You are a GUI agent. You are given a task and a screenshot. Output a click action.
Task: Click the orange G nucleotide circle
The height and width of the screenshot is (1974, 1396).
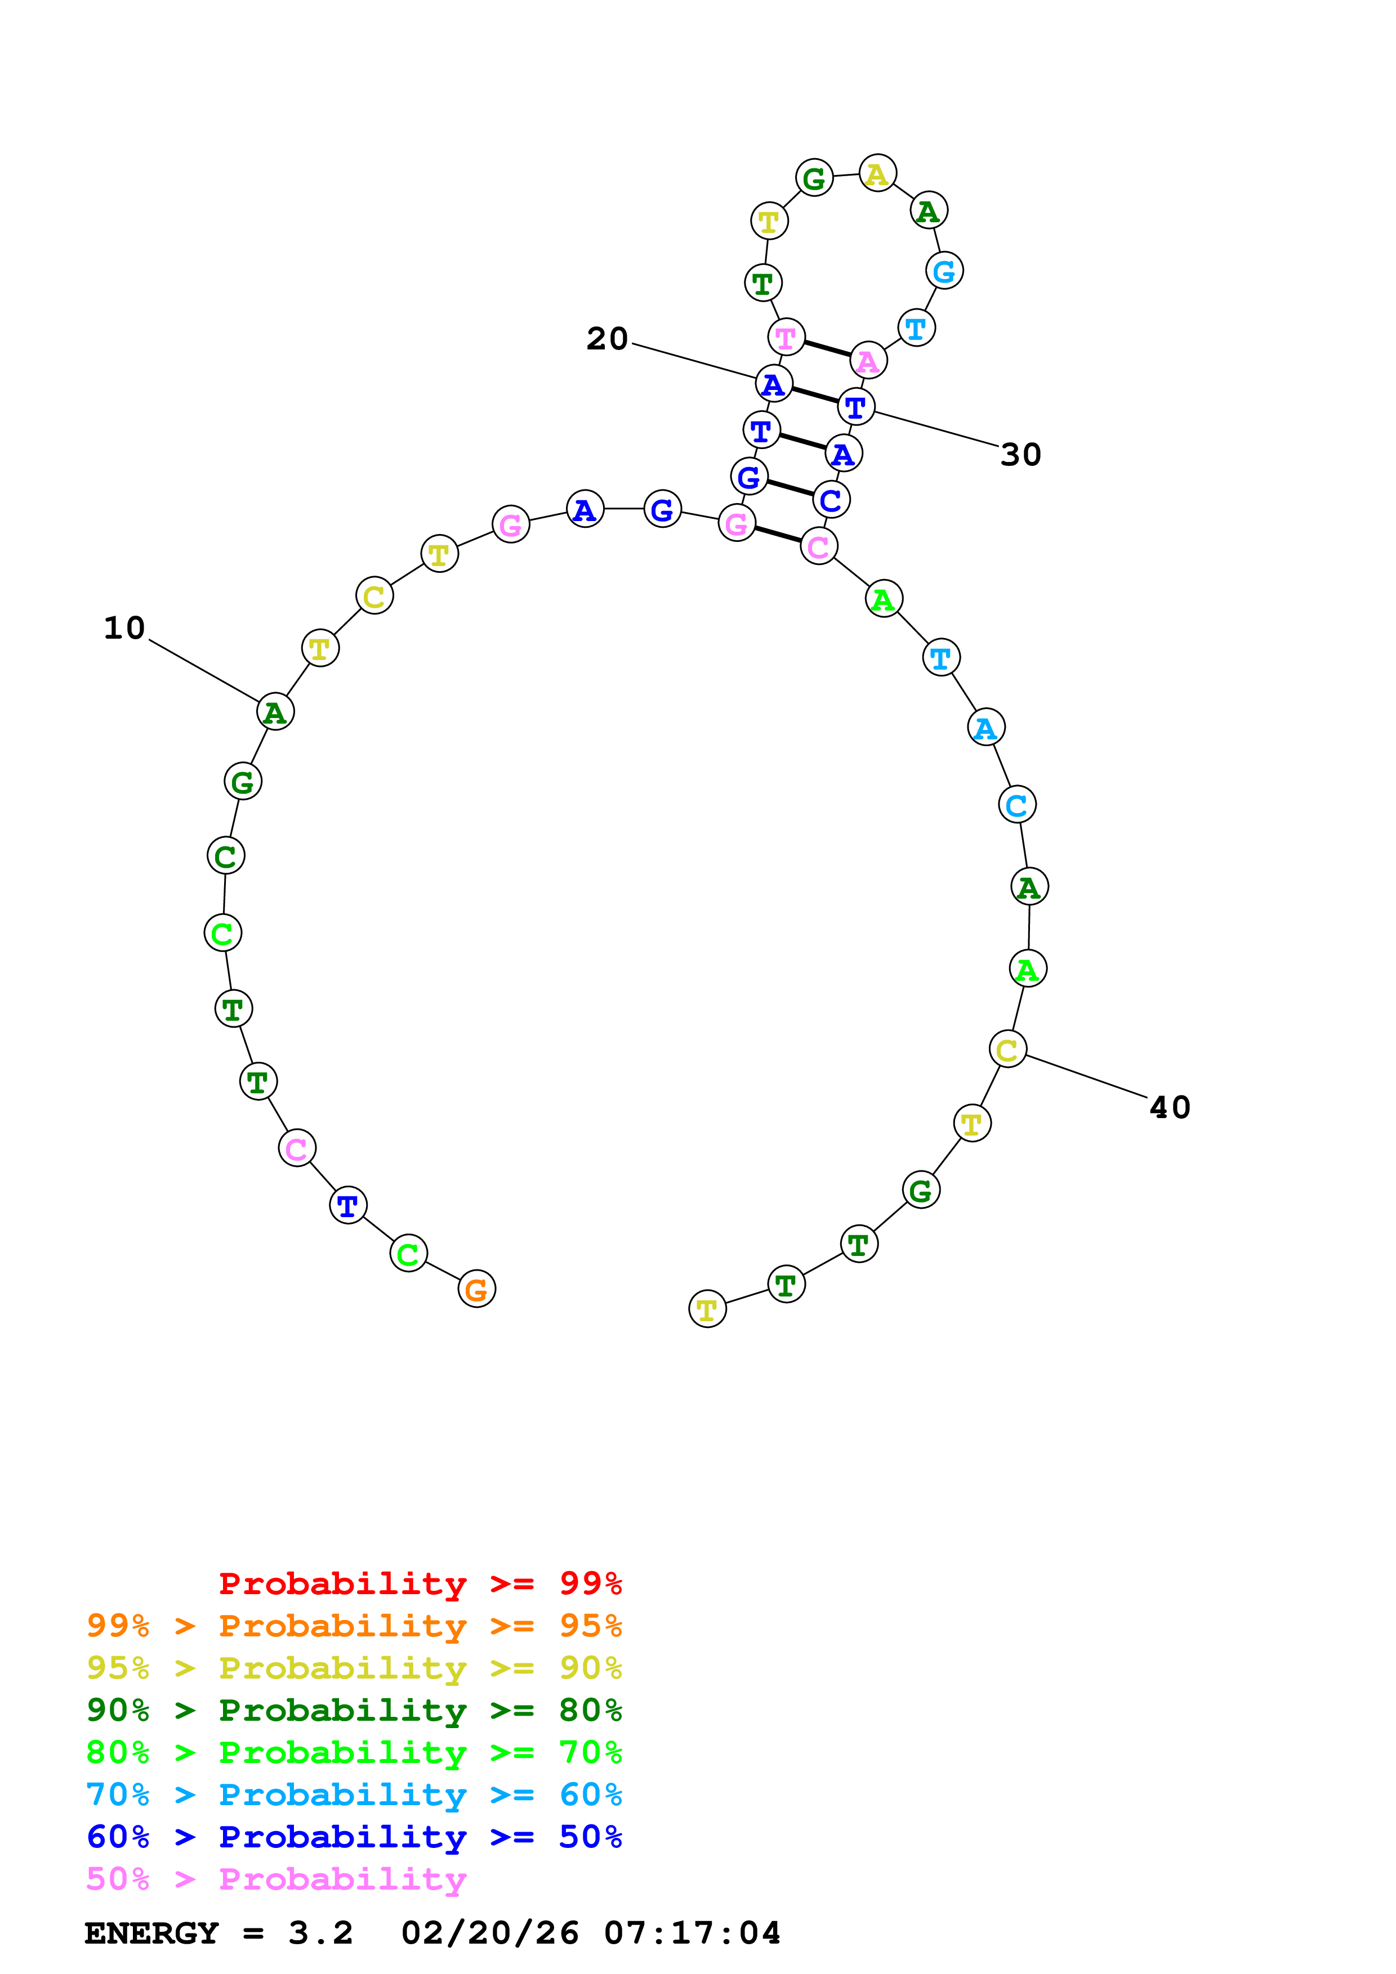pos(476,1289)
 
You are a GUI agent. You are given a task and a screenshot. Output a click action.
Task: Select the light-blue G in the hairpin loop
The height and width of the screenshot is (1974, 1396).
pos(944,271)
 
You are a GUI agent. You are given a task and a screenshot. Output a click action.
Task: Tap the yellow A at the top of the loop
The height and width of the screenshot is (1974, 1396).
pos(877,174)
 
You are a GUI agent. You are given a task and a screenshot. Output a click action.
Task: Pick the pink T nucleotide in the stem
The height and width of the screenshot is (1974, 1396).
pos(786,337)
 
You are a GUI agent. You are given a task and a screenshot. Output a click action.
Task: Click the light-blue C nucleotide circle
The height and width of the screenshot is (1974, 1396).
pos(1016,805)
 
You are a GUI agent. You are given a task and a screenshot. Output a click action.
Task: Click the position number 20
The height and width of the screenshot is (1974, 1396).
pos(607,339)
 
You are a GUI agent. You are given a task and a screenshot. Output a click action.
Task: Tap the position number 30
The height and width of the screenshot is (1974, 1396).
pos(1021,455)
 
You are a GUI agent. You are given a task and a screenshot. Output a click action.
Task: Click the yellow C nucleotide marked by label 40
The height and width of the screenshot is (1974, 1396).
pos(1007,1049)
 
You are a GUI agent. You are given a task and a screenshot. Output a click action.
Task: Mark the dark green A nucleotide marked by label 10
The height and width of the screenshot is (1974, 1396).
pos(275,712)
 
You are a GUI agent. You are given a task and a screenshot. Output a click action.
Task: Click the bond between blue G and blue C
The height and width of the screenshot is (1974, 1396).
pos(790,487)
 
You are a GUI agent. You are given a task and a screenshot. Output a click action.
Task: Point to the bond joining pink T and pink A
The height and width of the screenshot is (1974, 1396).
pos(827,348)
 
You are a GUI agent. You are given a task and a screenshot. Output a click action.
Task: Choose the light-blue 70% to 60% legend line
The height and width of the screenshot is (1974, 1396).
pos(354,1794)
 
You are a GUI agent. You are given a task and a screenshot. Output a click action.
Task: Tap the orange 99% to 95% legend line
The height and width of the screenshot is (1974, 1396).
pos(354,1625)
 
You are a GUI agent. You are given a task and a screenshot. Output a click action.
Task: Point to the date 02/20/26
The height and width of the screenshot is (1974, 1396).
pos(489,1933)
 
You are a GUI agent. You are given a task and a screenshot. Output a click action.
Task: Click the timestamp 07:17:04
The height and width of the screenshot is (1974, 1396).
pos(693,1933)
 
